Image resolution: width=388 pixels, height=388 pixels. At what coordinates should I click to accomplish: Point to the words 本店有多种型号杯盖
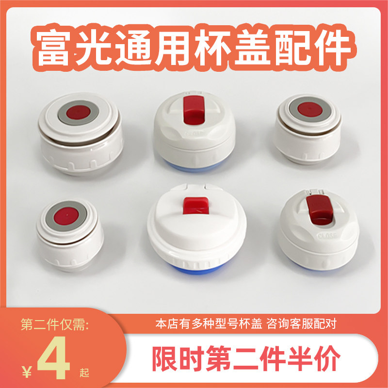click(x=211, y=323)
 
